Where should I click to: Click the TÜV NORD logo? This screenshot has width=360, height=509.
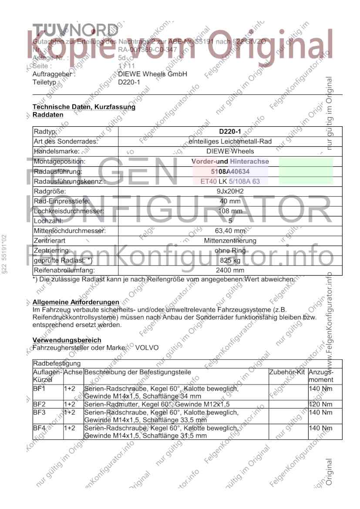pos(75,30)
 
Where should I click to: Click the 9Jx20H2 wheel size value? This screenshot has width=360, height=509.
pos(230,191)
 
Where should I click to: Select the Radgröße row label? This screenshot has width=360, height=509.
pos(50,191)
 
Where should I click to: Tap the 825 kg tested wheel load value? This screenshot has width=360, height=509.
pos(230,260)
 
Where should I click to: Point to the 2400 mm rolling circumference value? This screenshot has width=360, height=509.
pos(230,270)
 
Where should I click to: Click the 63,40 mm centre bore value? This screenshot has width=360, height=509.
pos(230,231)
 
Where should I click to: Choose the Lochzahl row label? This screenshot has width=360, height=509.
pos(46,221)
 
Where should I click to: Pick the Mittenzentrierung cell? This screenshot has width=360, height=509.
pos(230,241)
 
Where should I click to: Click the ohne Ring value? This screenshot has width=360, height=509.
pos(230,251)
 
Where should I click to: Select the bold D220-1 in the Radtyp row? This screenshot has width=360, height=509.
pos(230,131)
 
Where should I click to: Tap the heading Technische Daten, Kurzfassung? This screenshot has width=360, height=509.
pos(84,107)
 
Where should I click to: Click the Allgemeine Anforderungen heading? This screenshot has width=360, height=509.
pos(76,302)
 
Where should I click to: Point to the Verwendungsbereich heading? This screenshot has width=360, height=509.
pos(67,340)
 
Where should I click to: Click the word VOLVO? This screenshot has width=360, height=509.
pos(147,348)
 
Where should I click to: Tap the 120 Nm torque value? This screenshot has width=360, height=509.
pos(317,405)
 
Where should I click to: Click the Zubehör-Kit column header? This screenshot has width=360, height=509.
pos(287,373)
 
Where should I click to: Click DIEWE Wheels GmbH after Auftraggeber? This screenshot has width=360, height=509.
pos(152,74)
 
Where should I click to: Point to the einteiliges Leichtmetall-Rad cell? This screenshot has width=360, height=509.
pos(230,142)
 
